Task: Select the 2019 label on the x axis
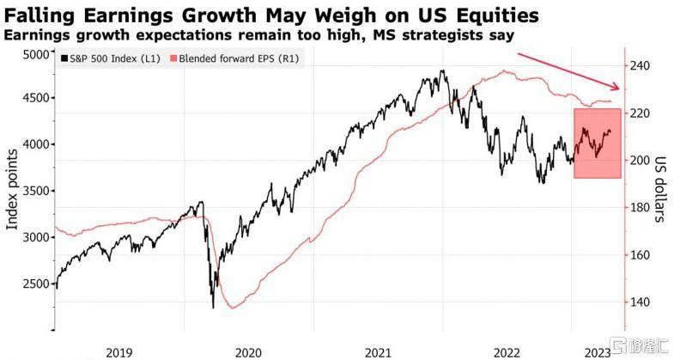tap(118, 351)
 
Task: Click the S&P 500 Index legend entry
tap(109, 58)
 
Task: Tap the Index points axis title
tap(12, 189)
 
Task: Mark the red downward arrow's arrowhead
tap(617, 88)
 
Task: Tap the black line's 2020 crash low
tap(213, 307)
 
